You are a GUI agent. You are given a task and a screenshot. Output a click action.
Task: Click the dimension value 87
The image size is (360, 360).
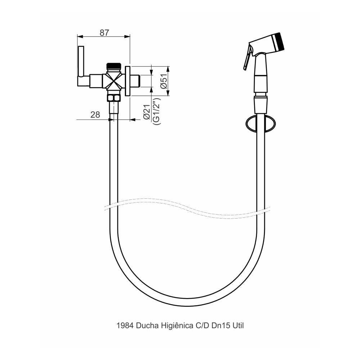[x=104, y=32]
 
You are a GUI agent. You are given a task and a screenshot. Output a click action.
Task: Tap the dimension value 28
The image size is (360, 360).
[x=95, y=115]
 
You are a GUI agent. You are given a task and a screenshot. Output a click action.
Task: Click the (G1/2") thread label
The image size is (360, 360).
[x=156, y=111]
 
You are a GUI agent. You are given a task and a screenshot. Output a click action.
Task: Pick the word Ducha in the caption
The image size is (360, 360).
[x=147, y=326]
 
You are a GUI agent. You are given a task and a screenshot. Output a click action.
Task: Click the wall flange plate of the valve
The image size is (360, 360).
[x=127, y=81]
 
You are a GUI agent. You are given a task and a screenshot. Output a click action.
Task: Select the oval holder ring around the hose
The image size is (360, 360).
[x=261, y=124]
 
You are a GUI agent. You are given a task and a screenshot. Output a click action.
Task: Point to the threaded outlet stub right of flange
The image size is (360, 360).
[x=135, y=81]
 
